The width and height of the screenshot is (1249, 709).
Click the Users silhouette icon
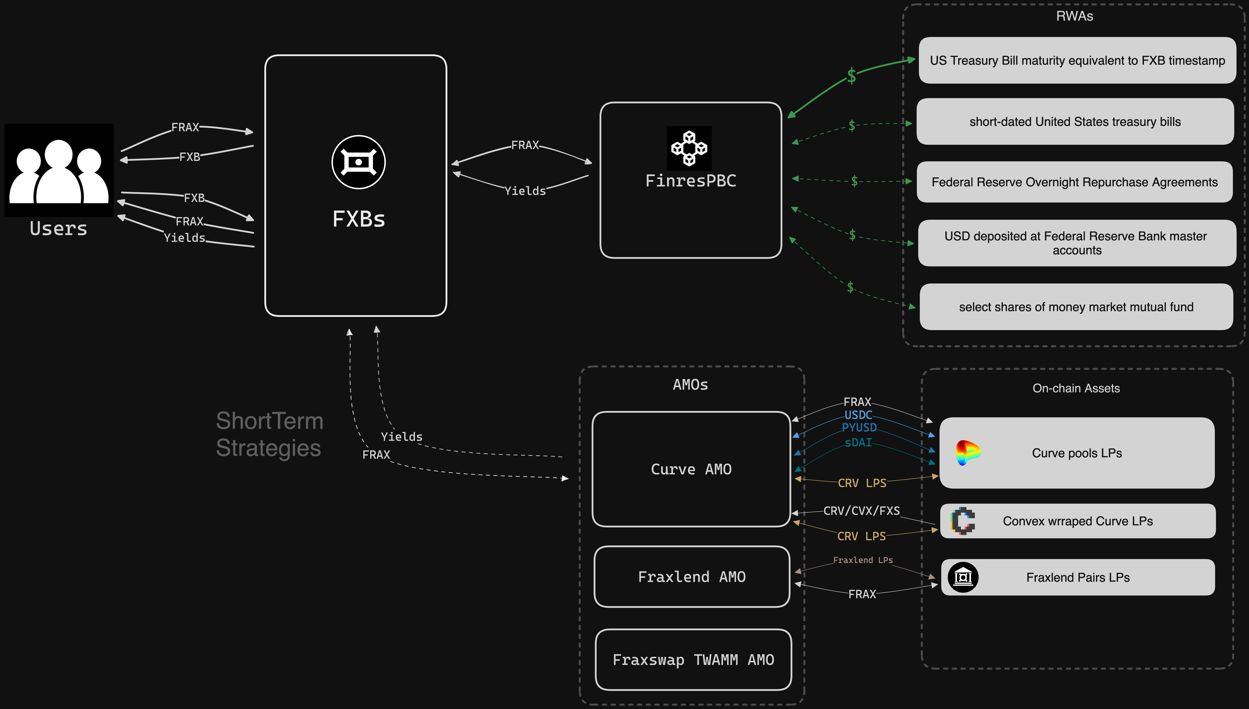click(59, 170)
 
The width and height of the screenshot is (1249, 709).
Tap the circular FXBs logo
click(358, 162)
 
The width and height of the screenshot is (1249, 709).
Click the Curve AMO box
click(691, 469)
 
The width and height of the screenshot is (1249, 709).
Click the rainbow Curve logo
click(967, 452)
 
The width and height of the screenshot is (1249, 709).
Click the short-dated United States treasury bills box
click(1075, 122)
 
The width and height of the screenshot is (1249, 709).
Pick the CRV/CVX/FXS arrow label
click(861, 511)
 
